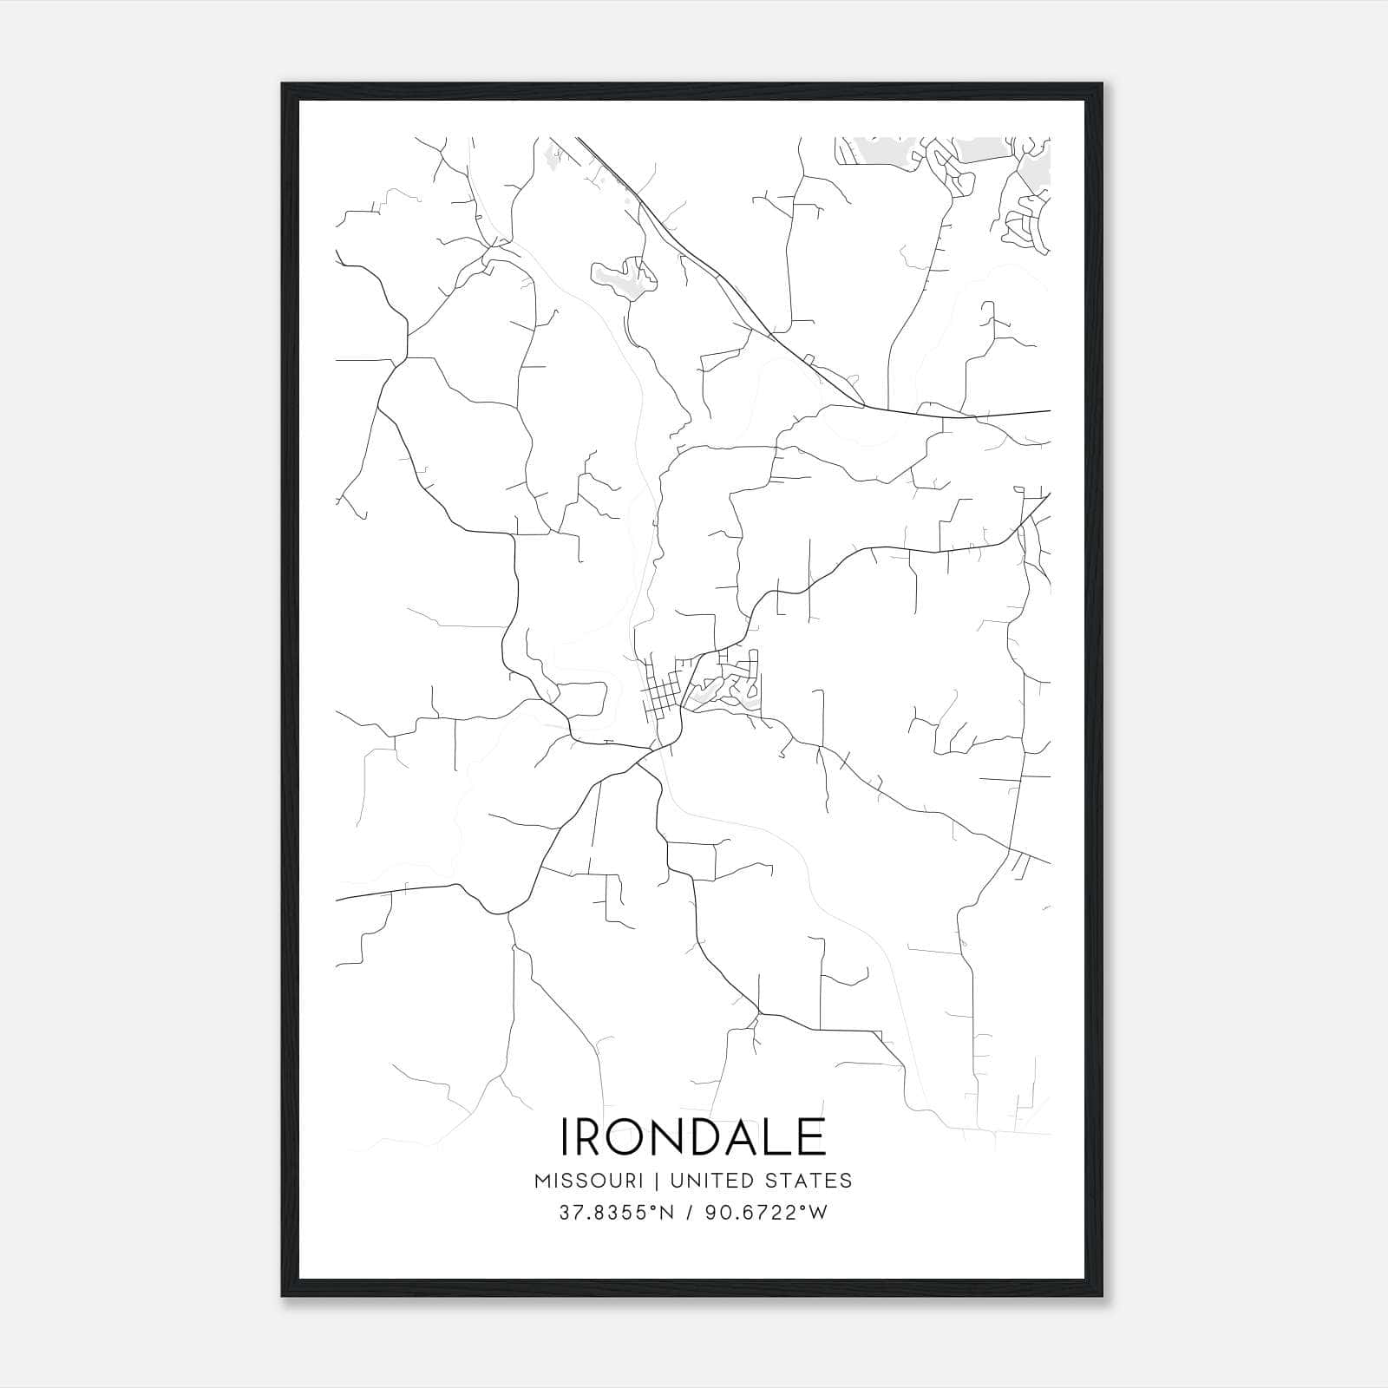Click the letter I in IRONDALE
click(567, 1136)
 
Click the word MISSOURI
click(589, 1181)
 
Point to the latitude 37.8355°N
click(616, 1213)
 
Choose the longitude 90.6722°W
click(766, 1213)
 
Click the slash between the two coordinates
click(691, 1213)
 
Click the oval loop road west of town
click(583, 698)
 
